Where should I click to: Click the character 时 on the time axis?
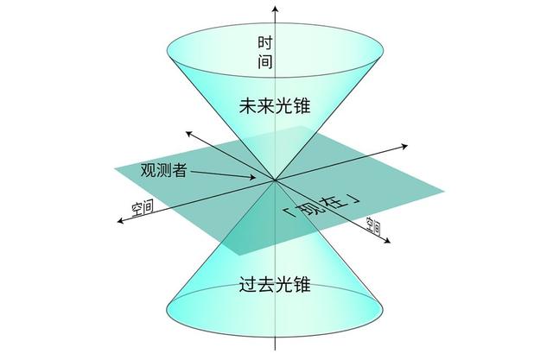click(x=265, y=43)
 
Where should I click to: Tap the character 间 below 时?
click(x=265, y=61)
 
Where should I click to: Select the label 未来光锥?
click(x=275, y=105)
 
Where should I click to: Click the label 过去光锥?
click(x=275, y=284)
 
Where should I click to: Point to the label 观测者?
click(x=163, y=170)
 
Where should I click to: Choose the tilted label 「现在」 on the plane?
click(x=322, y=206)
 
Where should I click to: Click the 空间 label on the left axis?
click(x=143, y=208)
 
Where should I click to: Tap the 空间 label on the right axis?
click(x=373, y=226)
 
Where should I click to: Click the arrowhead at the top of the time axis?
click(x=275, y=8)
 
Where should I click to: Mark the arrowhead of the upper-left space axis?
click(x=189, y=134)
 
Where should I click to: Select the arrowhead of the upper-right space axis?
click(x=404, y=146)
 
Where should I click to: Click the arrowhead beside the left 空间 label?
click(x=121, y=221)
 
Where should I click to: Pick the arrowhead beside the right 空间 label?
click(x=387, y=240)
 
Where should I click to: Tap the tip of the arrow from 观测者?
click(x=255, y=178)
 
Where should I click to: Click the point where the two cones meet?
click(x=275, y=180)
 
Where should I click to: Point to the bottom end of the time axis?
click(x=275, y=350)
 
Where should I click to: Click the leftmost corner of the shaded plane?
click(x=115, y=168)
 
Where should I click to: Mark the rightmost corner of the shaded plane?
click(x=444, y=192)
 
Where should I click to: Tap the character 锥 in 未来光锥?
click(x=302, y=105)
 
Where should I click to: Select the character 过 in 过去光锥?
click(x=248, y=284)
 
